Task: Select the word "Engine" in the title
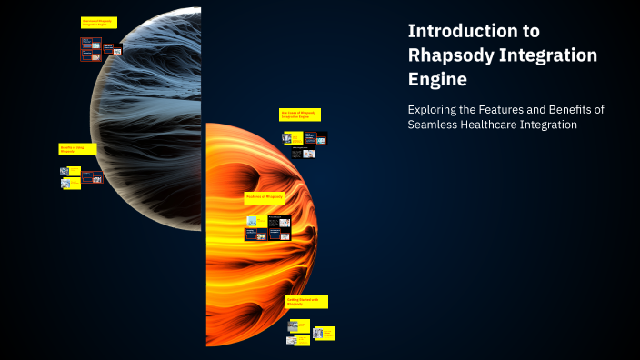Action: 437,80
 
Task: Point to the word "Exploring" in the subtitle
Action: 435,109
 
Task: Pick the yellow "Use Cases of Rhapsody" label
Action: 299,115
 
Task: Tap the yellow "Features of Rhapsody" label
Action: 265,196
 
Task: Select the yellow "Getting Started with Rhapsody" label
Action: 306,301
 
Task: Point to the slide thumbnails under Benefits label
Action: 77,176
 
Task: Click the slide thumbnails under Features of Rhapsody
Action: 268,226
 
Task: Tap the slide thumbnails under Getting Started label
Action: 309,331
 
